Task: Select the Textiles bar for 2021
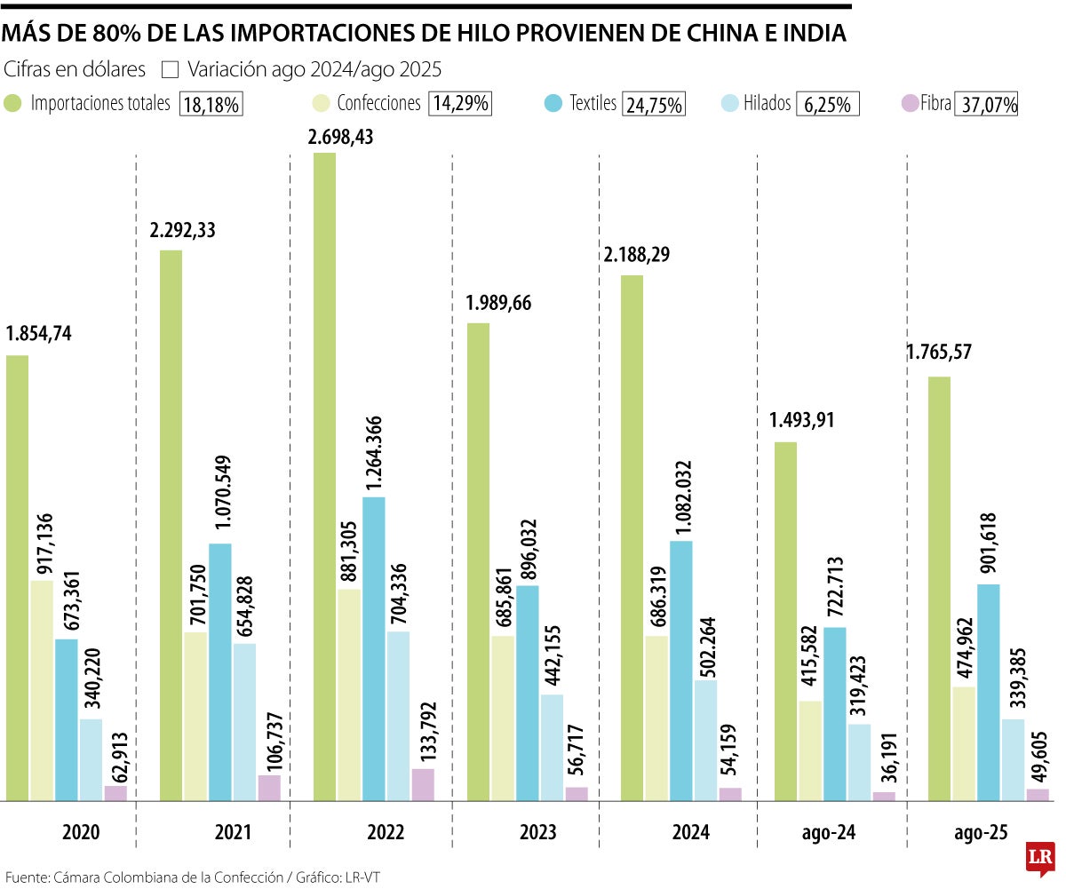point(220,671)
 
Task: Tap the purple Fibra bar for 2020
point(115,793)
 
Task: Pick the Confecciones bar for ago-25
point(964,743)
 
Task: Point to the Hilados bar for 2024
point(706,740)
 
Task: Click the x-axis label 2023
point(538,832)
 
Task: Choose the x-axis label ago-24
point(828,832)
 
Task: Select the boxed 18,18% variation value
point(211,105)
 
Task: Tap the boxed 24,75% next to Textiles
point(654,105)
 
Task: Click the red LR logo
point(1039,857)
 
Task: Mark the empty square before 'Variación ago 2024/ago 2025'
point(172,69)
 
